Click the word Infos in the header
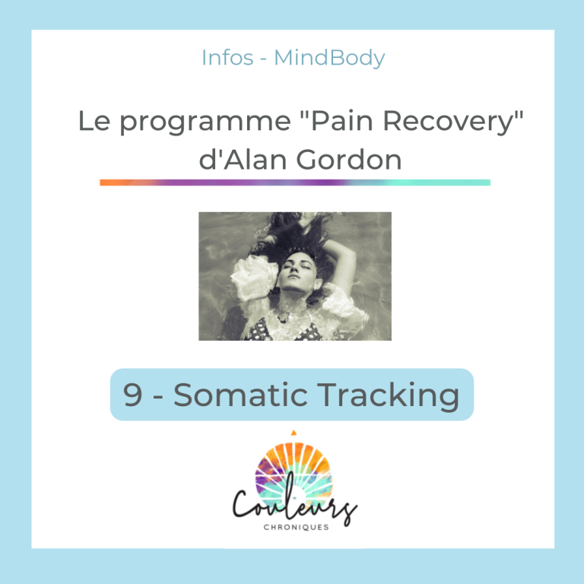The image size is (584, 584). coord(227,58)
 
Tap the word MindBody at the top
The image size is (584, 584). coord(329,59)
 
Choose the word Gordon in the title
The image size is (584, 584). coord(349,160)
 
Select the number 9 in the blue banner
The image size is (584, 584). coord(132,395)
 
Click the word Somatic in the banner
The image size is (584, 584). coord(240,395)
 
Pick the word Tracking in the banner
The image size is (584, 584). coord(388,396)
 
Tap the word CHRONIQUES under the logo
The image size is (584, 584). coord(296,527)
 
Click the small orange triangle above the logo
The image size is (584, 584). coord(294,433)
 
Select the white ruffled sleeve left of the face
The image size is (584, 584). coord(255,277)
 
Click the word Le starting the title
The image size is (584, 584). coord(94,121)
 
